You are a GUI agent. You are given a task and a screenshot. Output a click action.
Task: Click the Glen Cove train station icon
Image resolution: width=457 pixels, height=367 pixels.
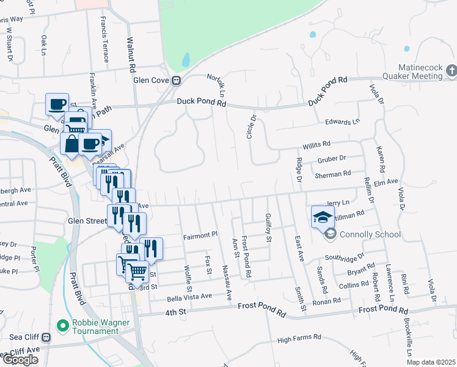(x=176, y=81)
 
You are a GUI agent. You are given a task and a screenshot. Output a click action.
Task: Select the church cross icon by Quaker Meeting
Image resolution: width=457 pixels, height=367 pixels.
(x=450, y=70)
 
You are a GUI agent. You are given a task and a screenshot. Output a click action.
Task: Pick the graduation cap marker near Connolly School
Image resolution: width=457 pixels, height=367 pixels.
(x=323, y=216)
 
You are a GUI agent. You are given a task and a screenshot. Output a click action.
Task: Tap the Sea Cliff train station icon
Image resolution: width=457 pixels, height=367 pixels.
(x=46, y=337)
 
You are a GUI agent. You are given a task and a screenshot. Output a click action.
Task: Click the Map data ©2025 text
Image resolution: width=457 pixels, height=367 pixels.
(x=431, y=362)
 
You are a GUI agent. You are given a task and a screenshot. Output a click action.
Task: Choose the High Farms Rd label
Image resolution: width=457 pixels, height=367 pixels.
(x=299, y=337)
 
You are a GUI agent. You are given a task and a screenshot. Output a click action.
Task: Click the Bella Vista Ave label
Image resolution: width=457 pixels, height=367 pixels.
(x=189, y=296)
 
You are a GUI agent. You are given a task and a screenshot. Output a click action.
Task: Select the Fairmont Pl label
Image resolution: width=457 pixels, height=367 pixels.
(x=200, y=234)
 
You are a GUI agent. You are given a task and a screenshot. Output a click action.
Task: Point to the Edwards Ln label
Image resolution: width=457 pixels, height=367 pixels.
(x=342, y=122)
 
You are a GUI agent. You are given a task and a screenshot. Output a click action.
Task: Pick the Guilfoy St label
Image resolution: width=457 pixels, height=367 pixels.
(x=268, y=228)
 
